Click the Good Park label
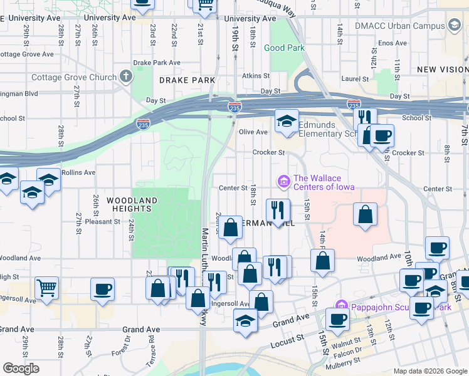[284, 48]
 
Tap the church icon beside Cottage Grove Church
[126, 77]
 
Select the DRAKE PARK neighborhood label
[187, 80]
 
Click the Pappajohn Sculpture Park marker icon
[341, 306]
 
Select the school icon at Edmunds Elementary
[287, 120]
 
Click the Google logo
[21, 368]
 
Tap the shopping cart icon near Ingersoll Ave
[46, 289]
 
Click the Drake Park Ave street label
[157, 63]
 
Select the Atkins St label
[255, 76]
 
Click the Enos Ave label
[393, 43]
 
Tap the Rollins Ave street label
[79, 172]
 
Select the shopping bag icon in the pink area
[365, 214]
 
